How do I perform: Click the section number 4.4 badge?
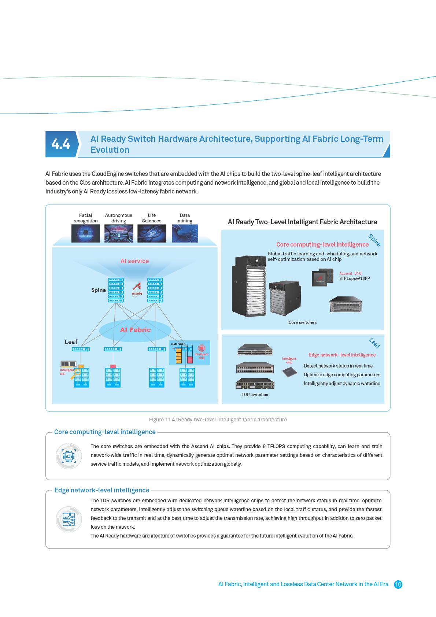[61, 144]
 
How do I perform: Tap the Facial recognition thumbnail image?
[85, 233]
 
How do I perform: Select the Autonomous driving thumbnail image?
[118, 233]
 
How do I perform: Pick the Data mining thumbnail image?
[185, 233]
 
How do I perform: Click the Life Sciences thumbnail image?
[152, 233]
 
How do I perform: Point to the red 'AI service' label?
[134, 261]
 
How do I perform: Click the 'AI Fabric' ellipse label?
[135, 330]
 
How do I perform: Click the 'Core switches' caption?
[302, 322]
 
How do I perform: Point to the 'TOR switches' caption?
[255, 395]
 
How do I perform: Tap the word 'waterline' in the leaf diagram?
[177, 344]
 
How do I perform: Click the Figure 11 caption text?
[218, 420]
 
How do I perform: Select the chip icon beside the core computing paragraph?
[68, 456]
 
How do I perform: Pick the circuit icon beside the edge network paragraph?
[68, 519]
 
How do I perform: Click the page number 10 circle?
[398, 584]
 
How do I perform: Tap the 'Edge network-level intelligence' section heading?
[101, 490]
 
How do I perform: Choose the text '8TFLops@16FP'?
[354, 278]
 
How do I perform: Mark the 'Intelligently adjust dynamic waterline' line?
[341, 384]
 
